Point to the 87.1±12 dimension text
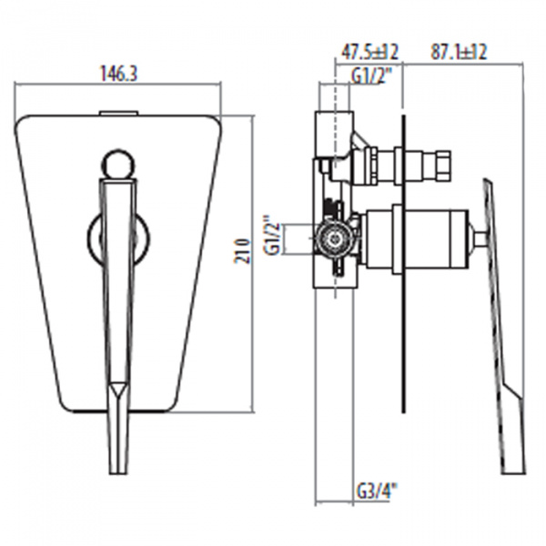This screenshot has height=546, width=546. pyautogui.click(x=459, y=52)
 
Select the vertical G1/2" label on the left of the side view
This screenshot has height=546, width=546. pyautogui.click(x=270, y=239)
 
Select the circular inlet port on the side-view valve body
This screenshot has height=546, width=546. pyautogui.click(x=336, y=239)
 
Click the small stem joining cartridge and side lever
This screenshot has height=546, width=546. pyautogui.click(x=479, y=239)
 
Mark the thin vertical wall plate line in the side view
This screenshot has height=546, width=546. pyautogui.click(x=400, y=273)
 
